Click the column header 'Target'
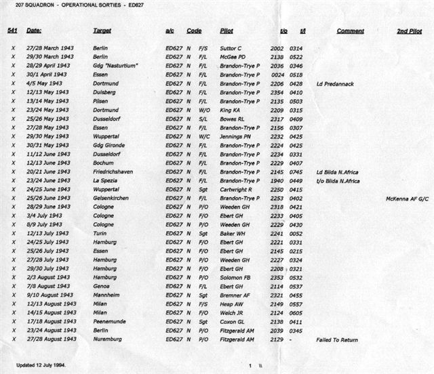click(102, 31)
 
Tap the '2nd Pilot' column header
click(410, 31)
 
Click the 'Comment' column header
click(350, 31)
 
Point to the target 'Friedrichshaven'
click(113, 172)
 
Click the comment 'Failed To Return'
click(337, 339)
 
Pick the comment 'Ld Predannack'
click(334, 84)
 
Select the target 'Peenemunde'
click(110, 321)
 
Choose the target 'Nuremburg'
click(108, 339)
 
